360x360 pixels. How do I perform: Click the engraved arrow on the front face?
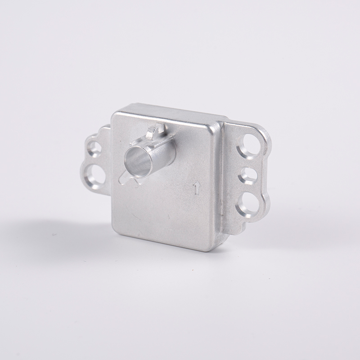[197, 188]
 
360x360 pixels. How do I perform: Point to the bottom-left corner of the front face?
[116, 233]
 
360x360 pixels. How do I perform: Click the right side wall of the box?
[221, 189]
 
